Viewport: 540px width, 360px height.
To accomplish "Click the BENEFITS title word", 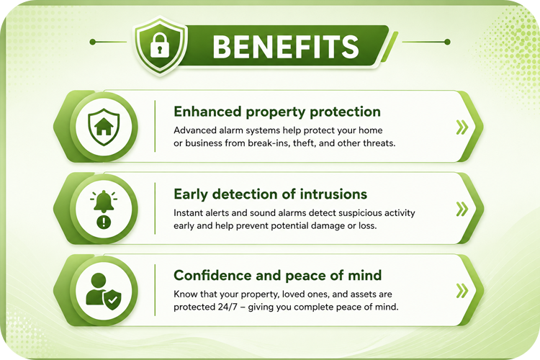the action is [286, 47].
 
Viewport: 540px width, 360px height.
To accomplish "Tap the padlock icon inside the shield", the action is [160, 45].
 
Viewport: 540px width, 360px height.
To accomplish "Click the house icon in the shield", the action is [104, 127].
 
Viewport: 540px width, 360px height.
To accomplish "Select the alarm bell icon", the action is [104, 202].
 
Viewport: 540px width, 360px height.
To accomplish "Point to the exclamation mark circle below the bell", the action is [104, 222].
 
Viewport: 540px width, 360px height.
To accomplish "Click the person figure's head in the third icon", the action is [99, 281].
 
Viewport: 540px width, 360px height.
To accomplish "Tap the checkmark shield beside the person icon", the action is [112, 300].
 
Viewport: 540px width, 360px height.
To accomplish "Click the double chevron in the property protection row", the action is [462, 127].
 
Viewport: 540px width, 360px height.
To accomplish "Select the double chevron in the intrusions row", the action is [462, 209].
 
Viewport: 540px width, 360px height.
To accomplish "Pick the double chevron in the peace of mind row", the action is [462, 291].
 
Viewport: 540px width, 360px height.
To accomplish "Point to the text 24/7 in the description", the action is [228, 307].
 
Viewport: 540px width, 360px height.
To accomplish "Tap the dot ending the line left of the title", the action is [92, 42].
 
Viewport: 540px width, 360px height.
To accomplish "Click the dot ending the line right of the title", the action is [447, 42].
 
